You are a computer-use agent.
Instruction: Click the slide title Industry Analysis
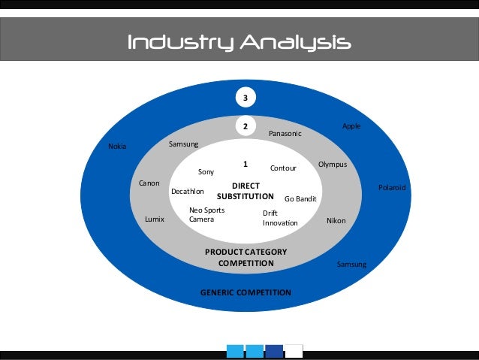239,41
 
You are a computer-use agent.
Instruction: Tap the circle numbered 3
245,98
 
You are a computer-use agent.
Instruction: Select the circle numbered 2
245,126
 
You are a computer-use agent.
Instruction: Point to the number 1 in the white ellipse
245,164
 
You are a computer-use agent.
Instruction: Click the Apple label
351,126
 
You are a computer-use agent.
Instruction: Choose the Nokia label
117,147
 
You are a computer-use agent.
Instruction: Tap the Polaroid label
391,187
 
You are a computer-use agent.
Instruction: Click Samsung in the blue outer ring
351,265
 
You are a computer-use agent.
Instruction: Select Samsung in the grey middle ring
183,143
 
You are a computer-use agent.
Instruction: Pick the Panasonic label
285,134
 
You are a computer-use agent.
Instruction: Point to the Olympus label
333,164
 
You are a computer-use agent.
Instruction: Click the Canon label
149,183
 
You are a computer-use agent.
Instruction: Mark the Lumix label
154,220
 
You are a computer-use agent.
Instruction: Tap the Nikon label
336,221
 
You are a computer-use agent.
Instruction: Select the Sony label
206,172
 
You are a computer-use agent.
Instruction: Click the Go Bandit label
300,199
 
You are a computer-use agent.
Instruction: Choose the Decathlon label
188,192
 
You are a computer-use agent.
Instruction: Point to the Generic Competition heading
246,292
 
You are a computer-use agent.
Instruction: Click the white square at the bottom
294,351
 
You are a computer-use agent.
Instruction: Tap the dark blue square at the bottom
275,351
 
